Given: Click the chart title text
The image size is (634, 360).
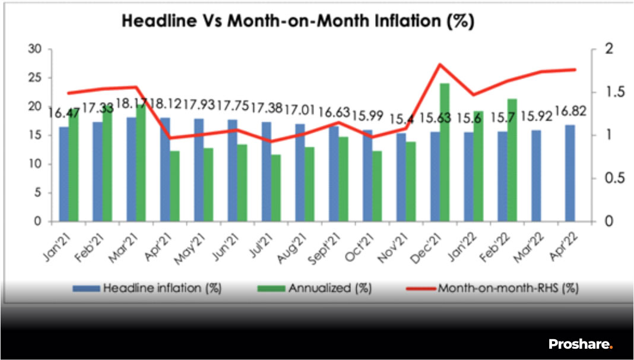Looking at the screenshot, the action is [x=297, y=21].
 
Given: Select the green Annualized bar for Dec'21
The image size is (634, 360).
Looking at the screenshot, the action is [x=445, y=153].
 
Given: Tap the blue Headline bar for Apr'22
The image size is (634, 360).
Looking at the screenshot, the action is [x=570, y=173].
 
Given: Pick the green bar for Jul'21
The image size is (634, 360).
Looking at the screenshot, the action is [x=276, y=188].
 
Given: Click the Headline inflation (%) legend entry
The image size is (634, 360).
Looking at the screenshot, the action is [x=147, y=288].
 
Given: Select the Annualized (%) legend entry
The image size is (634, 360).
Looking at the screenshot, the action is [x=315, y=288].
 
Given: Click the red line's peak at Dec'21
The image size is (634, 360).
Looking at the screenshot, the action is [x=440, y=64].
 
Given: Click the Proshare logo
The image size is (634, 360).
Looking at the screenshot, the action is [x=581, y=344].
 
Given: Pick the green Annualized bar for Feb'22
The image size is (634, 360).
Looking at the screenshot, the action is [x=512, y=160].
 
